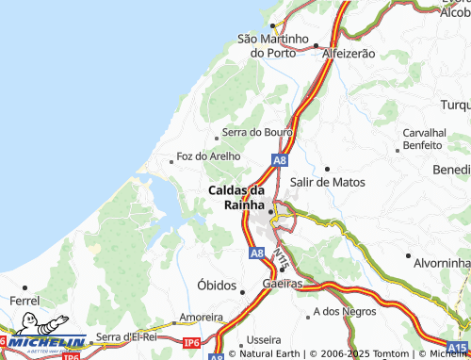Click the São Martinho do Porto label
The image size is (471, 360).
(273, 45)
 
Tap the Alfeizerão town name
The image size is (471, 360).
(348, 54)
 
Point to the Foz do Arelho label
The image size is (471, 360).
(208, 156)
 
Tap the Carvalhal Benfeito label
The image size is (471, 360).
(422, 139)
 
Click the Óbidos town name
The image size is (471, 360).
(217, 285)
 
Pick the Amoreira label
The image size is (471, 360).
(200, 318)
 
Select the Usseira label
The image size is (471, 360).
(263, 339)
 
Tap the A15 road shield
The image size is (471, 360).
(457, 347)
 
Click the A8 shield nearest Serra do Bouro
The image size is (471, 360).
(280, 160)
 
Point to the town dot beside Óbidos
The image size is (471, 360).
(243, 292)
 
